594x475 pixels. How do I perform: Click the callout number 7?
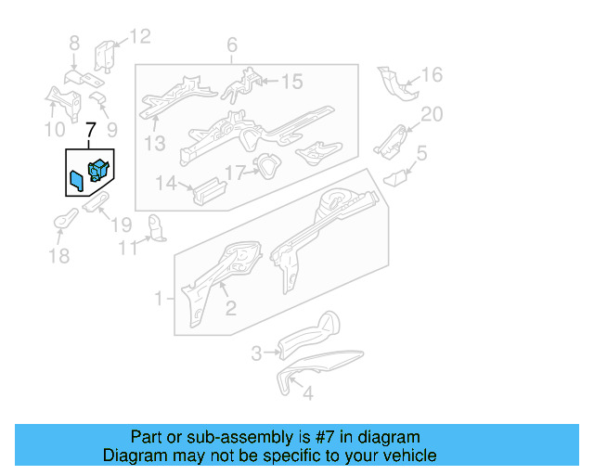(90, 132)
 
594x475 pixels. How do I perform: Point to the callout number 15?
(291, 83)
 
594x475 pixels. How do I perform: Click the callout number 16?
(433, 75)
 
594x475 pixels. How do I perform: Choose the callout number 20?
(433, 114)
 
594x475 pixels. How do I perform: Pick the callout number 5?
(421, 154)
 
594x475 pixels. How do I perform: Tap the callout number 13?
(153, 143)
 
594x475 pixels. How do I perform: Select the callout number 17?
(234, 172)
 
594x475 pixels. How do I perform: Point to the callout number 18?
(58, 255)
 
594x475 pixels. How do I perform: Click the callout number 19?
(122, 225)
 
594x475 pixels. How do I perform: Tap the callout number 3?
(257, 353)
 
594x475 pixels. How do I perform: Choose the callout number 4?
(308, 392)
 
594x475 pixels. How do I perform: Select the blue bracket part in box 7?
(98, 170)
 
